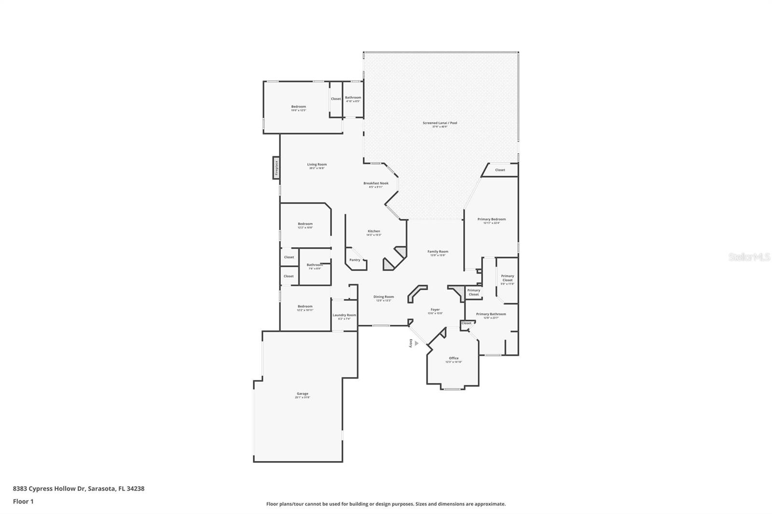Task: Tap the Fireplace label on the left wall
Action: pyautogui.click(x=276, y=168)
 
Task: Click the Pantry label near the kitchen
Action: pyautogui.click(x=355, y=260)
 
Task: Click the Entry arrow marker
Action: pyautogui.click(x=416, y=343)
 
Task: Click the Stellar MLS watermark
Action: pyautogui.click(x=749, y=257)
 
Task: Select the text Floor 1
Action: pyautogui.click(x=23, y=501)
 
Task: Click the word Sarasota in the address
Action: pyautogui.click(x=101, y=488)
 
